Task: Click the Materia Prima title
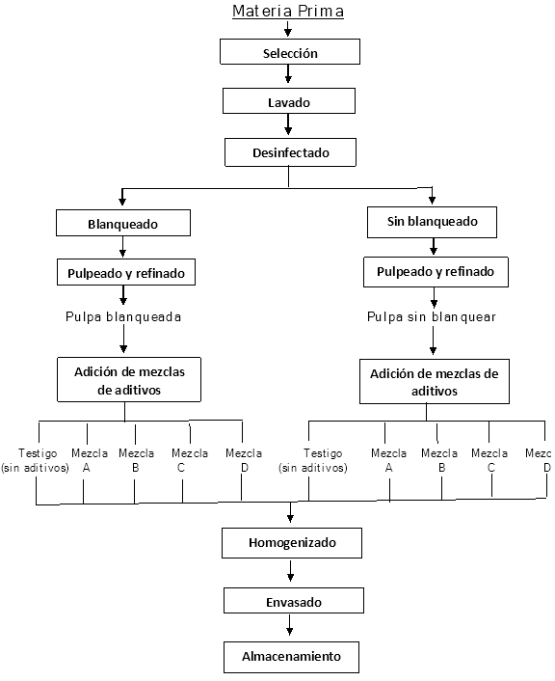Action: [x=288, y=11]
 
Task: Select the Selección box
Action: [x=290, y=52]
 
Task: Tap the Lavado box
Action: [x=289, y=101]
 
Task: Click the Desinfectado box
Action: [x=290, y=152]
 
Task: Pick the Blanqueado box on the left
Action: [x=123, y=223]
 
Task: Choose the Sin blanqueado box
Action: [x=433, y=222]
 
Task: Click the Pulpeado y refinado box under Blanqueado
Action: [x=126, y=272]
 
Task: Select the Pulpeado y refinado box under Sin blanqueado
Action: [x=436, y=272]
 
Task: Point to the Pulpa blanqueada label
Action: [x=123, y=317]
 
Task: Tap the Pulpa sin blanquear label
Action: [x=432, y=317]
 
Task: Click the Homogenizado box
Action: [x=292, y=543]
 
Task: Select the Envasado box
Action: [x=294, y=601]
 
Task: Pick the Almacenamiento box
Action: [x=292, y=657]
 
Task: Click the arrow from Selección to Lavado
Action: [x=288, y=74]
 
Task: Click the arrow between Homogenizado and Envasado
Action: [x=291, y=571]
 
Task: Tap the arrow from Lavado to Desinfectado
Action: [x=288, y=124]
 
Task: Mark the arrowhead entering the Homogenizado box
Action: [x=291, y=518]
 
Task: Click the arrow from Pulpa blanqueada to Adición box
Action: [x=123, y=339]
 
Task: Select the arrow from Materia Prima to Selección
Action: [x=287, y=28]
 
